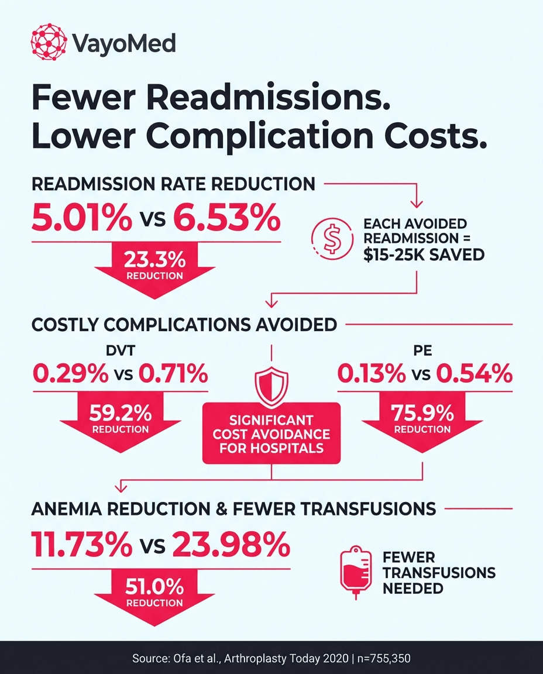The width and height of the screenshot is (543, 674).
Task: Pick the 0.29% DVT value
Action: [x=67, y=373]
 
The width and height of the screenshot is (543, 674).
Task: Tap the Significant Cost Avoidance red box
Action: [x=270, y=434]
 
